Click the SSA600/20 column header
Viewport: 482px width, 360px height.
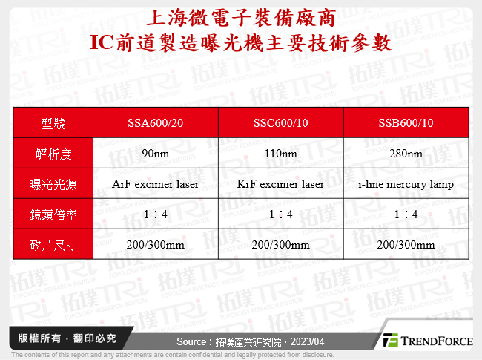(x=156, y=123)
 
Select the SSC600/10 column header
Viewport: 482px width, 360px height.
(x=280, y=123)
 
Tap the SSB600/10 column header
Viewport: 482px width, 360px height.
(x=406, y=123)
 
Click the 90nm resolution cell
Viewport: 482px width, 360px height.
(x=156, y=154)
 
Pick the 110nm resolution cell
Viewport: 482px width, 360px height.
(x=280, y=154)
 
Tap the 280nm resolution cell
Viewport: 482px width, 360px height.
(x=406, y=154)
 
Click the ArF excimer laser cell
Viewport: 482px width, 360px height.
(x=156, y=183)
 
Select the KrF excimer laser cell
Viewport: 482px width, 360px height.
(x=280, y=183)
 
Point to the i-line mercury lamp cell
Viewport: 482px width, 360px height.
(x=406, y=183)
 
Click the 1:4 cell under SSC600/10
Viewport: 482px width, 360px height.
(x=280, y=214)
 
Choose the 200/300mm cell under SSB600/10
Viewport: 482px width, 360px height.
(x=406, y=244)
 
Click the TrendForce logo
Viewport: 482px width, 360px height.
(x=428, y=341)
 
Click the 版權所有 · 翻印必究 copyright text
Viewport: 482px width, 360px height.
(x=67, y=338)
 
